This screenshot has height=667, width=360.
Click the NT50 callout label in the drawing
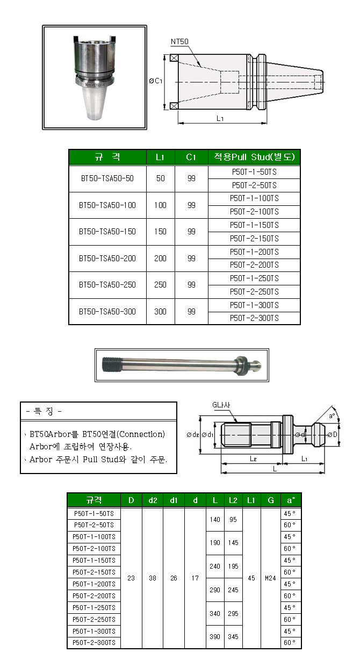pyautogui.click(x=179, y=41)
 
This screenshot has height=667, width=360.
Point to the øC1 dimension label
pyautogui.click(x=155, y=81)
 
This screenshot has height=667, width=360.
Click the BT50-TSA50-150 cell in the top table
pyautogui.click(x=107, y=232)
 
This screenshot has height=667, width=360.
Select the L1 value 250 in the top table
pyautogui.click(x=160, y=285)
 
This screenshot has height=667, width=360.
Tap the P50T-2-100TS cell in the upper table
pyautogui.click(x=254, y=212)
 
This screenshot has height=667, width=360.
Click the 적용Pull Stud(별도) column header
pyautogui.click(x=254, y=157)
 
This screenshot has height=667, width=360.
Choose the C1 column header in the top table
pyautogui.click(x=191, y=157)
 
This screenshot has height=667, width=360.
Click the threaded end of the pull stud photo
pyautogui.click(x=112, y=365)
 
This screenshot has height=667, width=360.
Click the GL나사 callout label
pyautogui.click(x=221, y=405)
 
